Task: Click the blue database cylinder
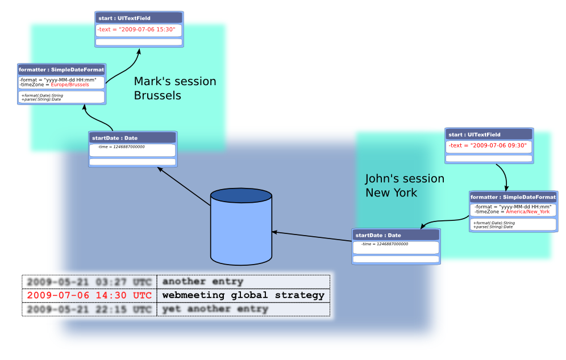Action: coord(242,228)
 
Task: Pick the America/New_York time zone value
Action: coord(528,212)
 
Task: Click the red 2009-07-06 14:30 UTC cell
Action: coord(89,295)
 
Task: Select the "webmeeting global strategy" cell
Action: coord(243,295)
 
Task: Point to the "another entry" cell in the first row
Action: coord(203,282)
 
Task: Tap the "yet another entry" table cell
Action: coord(215,309)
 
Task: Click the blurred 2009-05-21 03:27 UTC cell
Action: coord(89,282)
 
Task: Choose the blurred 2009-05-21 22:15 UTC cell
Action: coord(89,309)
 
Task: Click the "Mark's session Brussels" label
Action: coord(175,89)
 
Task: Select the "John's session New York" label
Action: coord(405,186)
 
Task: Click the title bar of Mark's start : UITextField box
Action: coord(139,18)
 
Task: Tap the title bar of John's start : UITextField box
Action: coord(489,135)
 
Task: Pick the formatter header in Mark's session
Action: coord(61,70)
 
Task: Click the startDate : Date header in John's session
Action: coord(396,235)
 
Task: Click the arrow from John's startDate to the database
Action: coord(313,236)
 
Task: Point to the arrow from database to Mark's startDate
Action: coord(183,187)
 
